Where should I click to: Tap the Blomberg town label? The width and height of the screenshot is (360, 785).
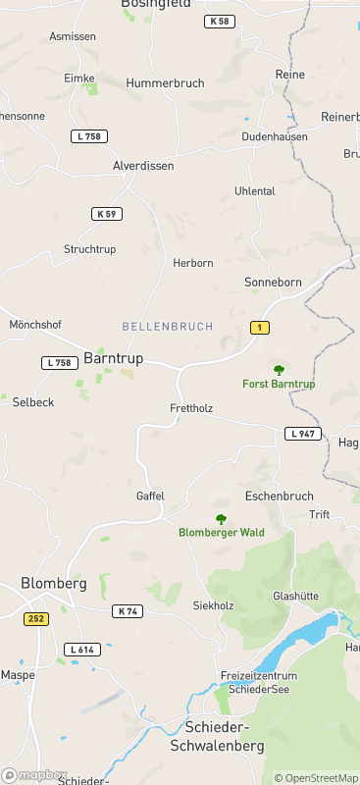point(54,583)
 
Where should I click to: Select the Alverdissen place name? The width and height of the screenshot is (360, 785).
point(143,166)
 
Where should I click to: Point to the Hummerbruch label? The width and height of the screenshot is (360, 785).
point(165,83)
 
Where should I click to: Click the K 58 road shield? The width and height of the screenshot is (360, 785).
point(220,22)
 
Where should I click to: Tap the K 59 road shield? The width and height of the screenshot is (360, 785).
point(107,214)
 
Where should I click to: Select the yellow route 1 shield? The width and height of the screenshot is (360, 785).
point(259,327)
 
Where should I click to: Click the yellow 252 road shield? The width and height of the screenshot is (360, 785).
point(36,618)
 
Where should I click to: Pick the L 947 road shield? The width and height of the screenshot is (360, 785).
point(303,434)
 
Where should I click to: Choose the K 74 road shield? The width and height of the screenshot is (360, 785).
point(128,611)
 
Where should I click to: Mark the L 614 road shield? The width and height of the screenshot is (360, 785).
point(83,650)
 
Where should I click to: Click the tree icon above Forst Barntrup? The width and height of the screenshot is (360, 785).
point(279,370)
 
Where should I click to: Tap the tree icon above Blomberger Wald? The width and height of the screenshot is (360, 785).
point(221,519)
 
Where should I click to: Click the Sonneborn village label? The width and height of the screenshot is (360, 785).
point(272,282)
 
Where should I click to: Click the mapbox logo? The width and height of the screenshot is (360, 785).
point(35,774)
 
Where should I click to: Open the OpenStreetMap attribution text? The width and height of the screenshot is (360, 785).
point(316,778)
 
